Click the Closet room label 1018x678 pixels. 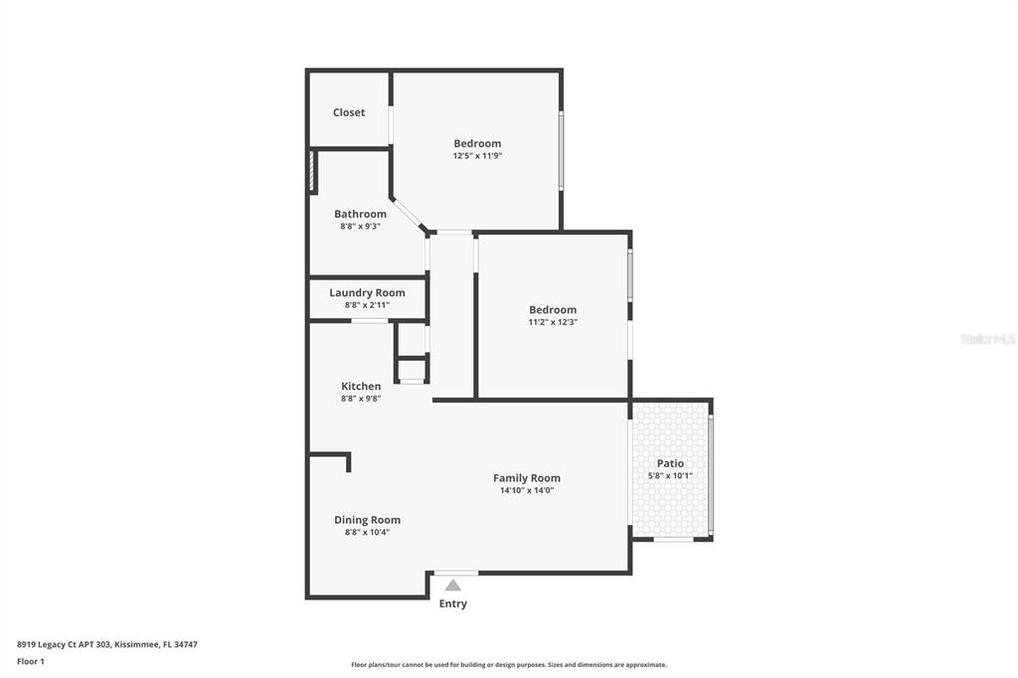[x=349, y=112]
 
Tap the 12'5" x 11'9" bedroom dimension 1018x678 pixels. [x=477, y=156]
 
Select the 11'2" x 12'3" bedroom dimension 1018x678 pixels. [x=553, y=322]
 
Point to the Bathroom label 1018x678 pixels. [x=360, y=214]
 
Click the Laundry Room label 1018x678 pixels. [x=367, y=293]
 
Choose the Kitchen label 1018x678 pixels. [x=361, y=386]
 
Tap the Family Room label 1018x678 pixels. [x=527, y=478]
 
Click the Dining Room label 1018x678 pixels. [x=367, y=520]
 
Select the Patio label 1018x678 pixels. [x=670, y=463]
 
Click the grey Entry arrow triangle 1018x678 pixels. [x=453, y=586]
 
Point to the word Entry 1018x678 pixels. [x=452, y=603]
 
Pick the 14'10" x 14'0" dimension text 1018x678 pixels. [x=527, y=490]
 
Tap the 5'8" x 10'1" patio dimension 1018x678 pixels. [x=670, y=475]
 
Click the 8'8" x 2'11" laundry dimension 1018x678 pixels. [x=367, y=304]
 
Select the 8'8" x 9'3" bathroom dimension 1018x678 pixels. [x=360, y=226]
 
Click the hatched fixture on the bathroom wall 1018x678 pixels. [x=312, y=171]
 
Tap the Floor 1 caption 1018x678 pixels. [x=31, y=662]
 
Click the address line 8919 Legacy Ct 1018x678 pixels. [x=107, y=645]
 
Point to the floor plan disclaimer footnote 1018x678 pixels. [x=509, y=665]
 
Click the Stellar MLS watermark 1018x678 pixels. [x=988, y=339]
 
